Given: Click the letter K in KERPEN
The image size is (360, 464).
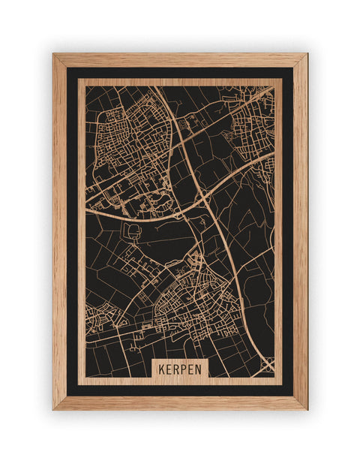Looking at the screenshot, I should pos(160,370).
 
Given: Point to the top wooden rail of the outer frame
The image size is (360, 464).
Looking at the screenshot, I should pos(180,60).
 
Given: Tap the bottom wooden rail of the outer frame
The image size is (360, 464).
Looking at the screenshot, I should pos(180,402).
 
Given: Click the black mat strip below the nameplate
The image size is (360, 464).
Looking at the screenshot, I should pos(180,390).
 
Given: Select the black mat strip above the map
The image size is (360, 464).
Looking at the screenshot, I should pos(180,73).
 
